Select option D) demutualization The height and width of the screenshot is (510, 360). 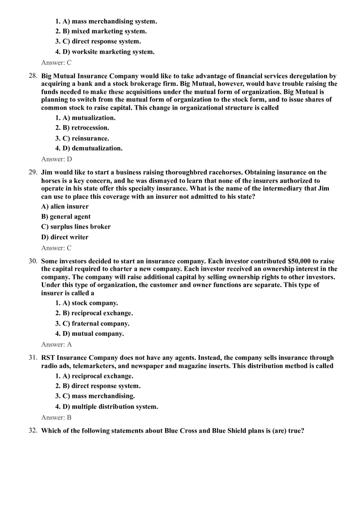(92, 148)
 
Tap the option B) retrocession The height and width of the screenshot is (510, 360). (85, 128)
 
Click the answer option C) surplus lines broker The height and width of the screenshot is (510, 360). (76, 227)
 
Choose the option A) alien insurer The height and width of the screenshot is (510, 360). (65, 207)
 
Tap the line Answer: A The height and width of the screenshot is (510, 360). (56, 345)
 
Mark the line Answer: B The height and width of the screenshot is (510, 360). (56, 418)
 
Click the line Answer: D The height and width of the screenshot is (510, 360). (56, 159)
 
